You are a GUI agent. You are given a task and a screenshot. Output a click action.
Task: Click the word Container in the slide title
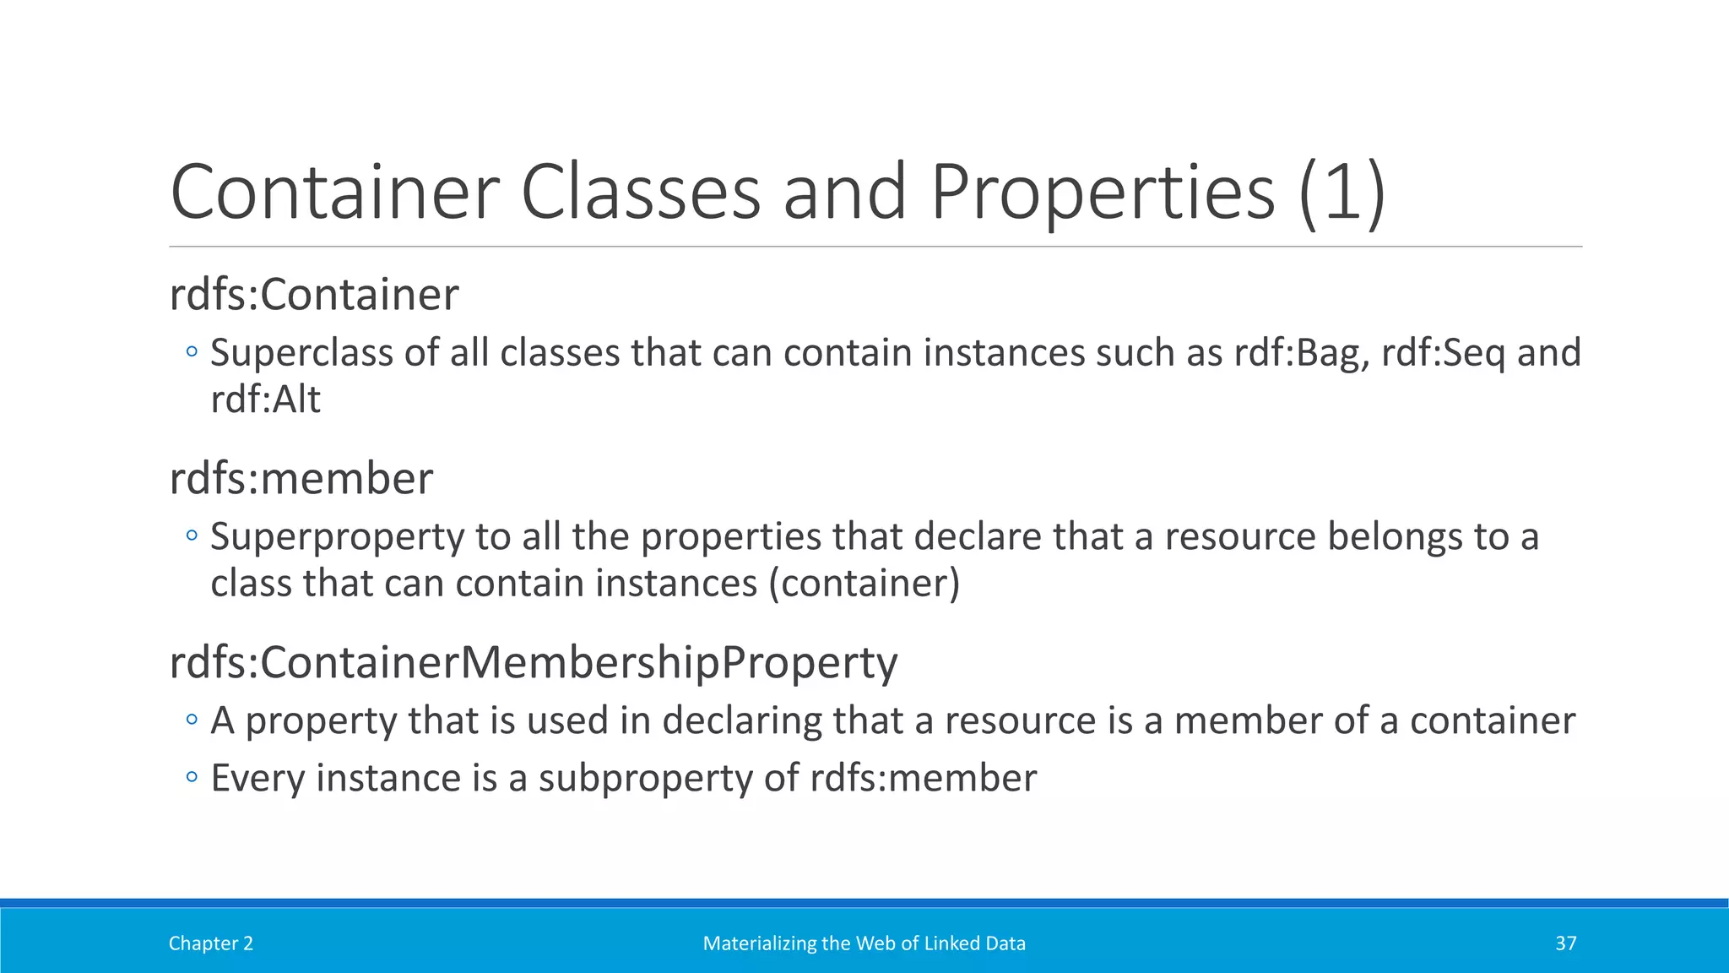click(335, 193)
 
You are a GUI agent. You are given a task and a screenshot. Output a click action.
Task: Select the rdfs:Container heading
click(314, 295)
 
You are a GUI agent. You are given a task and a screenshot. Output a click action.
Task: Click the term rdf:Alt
click(265, 400)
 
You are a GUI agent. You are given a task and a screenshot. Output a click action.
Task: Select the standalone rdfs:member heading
click(301, 478)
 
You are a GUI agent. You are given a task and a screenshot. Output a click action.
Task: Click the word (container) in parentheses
click(864, 584)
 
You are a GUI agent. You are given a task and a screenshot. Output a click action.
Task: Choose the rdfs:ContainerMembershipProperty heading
click(534, 662)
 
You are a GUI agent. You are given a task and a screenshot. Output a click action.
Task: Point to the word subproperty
click(645, 779)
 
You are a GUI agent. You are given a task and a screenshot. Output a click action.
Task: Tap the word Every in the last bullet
click(257, 779)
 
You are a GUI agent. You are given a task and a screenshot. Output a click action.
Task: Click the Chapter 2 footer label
click(210, 943)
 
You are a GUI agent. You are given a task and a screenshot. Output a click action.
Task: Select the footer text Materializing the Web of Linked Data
click(864, 943)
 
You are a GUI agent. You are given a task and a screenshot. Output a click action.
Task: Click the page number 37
click(1565, 943)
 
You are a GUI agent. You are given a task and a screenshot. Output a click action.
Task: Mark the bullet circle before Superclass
click(192, 351)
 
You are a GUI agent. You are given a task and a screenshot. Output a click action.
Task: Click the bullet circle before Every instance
click(192, 777)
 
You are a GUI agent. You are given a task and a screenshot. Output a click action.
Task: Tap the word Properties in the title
click(1103, 193)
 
